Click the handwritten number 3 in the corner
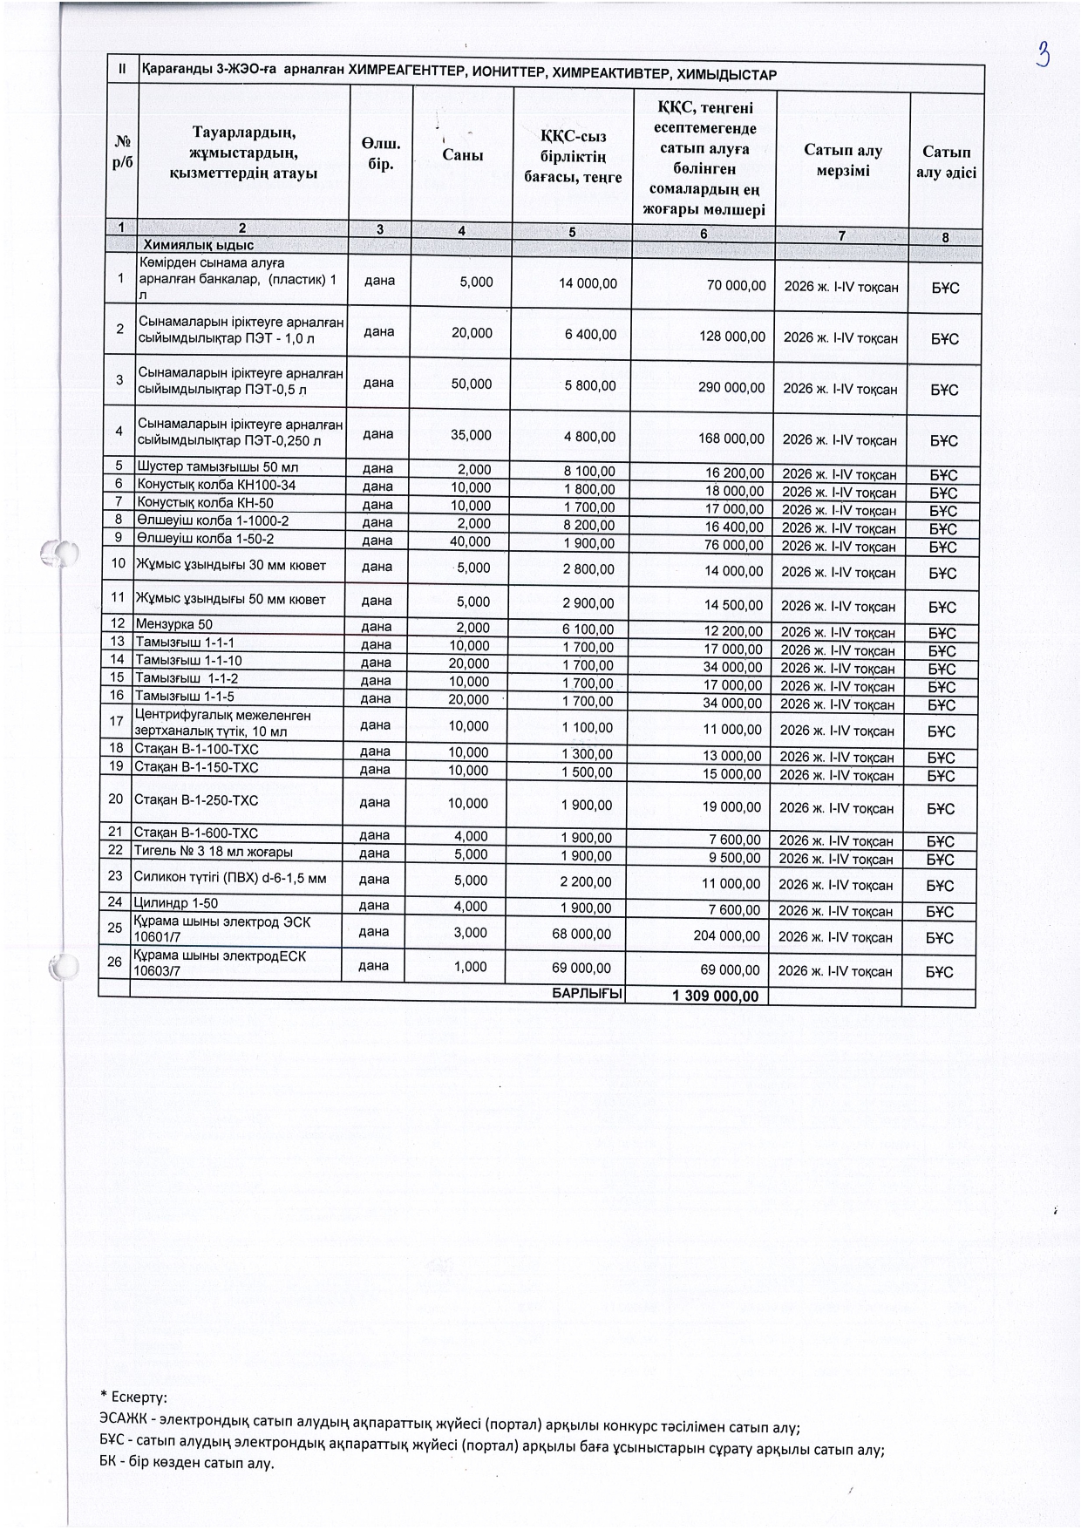pyautogui.click(x=1043, y=55)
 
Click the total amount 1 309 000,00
pyautogui.click(x=715, y=996)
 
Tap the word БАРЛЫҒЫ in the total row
pyautogui.click(x=588, y=994)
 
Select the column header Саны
pyautogui.click(x=462, y=154)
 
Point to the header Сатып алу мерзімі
pyautogui.click(x=842, y=161)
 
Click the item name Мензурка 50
pyautogui.click(x=174, y=624)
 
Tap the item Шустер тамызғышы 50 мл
pyautogui.click(x=218, y=467)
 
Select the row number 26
pyautogui.click(x=114, y=962)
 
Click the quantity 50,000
pyautogui.click(x=471, y=384)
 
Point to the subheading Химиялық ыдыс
pyautogui.click(x=199, y=246)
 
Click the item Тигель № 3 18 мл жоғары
pyautogui.click(x=213, y=851)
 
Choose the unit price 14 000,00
pyautogui.click(x=588, y=283)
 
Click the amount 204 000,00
pyautogui.click(x=726, y=936)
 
